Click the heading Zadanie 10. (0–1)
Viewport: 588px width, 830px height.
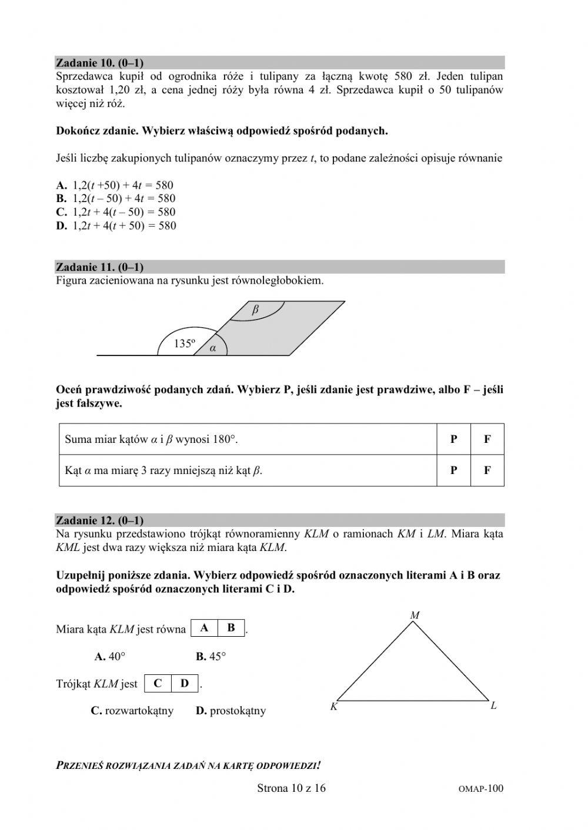click(100, 62)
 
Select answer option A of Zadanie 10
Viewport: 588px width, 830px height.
click(115, 185)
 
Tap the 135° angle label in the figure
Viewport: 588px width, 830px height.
click(184, 344)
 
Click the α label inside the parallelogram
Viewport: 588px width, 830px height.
click(213, 348)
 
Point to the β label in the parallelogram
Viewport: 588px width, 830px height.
click(255, 310)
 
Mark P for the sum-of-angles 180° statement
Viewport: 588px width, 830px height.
click(454, 439)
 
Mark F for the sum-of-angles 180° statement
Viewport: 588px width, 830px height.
click(487, 439)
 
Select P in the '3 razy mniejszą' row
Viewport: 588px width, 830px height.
click(454, 470)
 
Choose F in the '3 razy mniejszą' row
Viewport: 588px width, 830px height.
click(487, 470)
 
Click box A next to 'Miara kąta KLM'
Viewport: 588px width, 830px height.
click(204, 628)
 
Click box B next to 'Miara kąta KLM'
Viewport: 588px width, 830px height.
click(231, 628)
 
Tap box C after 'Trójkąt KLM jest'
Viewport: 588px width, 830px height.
click(158, 683)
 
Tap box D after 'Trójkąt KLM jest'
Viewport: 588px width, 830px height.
click(185, 683)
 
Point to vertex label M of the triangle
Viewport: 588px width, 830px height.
click(415, 615)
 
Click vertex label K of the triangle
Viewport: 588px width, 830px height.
click(333, 707)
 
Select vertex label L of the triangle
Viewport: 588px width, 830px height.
click(494, 706)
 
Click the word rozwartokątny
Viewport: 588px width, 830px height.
click(139, 711)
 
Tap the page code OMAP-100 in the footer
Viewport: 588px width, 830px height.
click(480, 789)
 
